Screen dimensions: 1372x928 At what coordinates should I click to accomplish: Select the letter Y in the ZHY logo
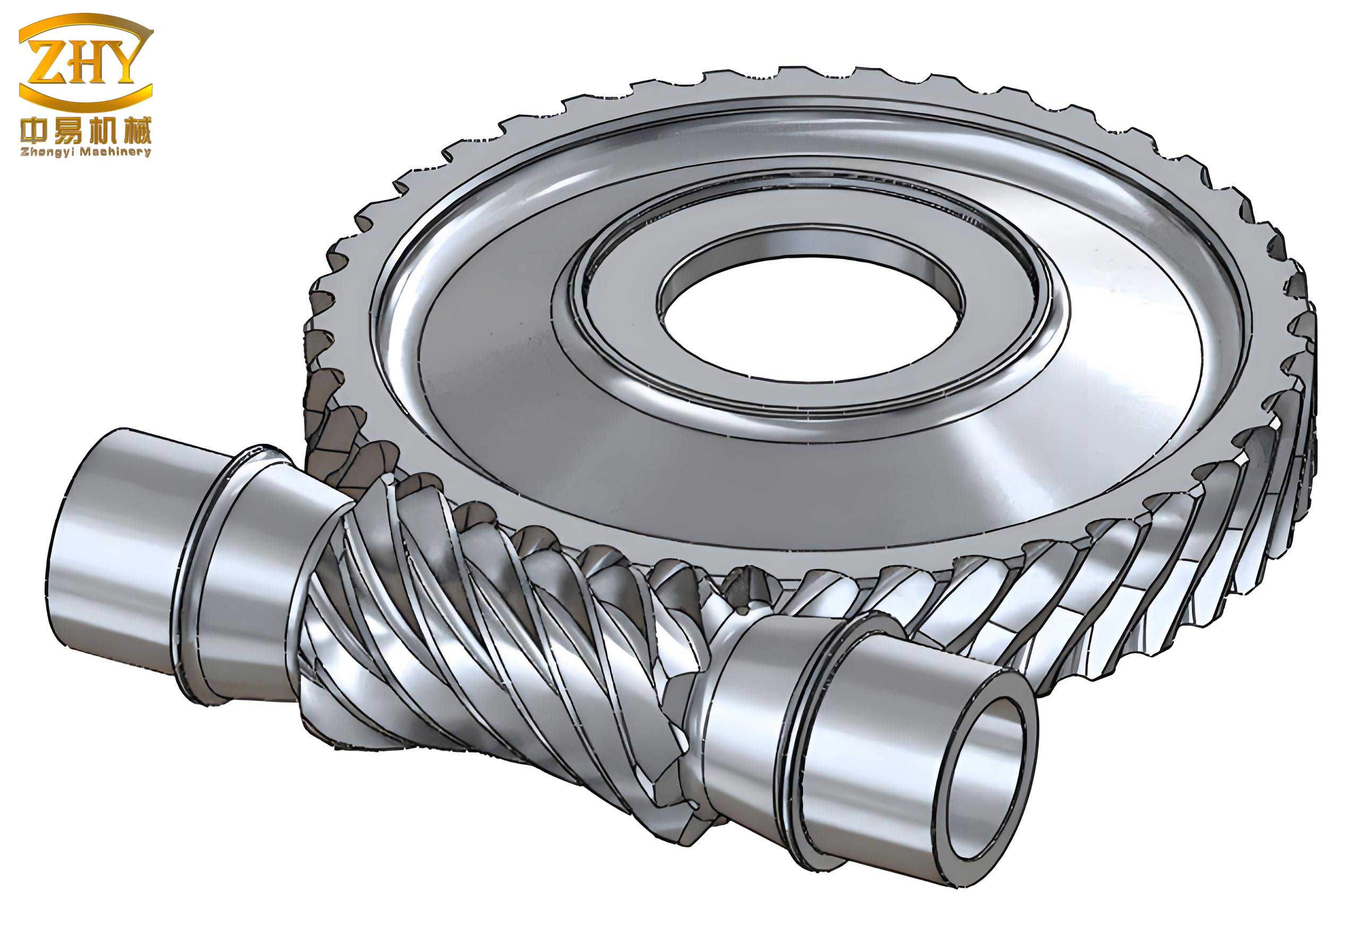pyautogui.click(x=122, y=62)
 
